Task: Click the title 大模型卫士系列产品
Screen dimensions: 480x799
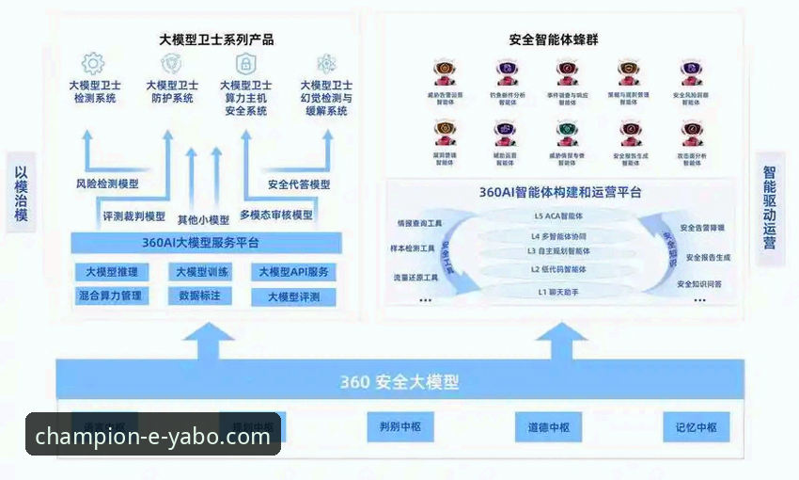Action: click(x=217, y=40)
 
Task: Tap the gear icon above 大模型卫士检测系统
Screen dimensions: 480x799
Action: click(x=93, y=63)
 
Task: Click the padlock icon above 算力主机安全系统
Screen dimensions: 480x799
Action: click(x=245, y=63)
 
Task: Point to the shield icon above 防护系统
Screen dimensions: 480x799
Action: click(x=170, y=63)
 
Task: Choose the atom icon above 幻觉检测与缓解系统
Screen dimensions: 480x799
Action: click(x=326, y=63)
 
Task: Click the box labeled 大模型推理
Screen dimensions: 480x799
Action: click(x=111, y=273)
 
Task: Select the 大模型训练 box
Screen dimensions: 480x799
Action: click(x=200, y=273)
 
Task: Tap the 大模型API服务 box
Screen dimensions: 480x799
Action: click(x=293, y=273)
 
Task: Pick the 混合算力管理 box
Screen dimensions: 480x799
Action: click(x=111, y=296)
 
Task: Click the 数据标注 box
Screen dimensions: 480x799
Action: click(x=200, y=296)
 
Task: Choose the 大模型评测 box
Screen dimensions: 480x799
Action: click(x=293, y=296)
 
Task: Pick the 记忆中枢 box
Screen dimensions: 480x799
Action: click(x=696, y=427)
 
